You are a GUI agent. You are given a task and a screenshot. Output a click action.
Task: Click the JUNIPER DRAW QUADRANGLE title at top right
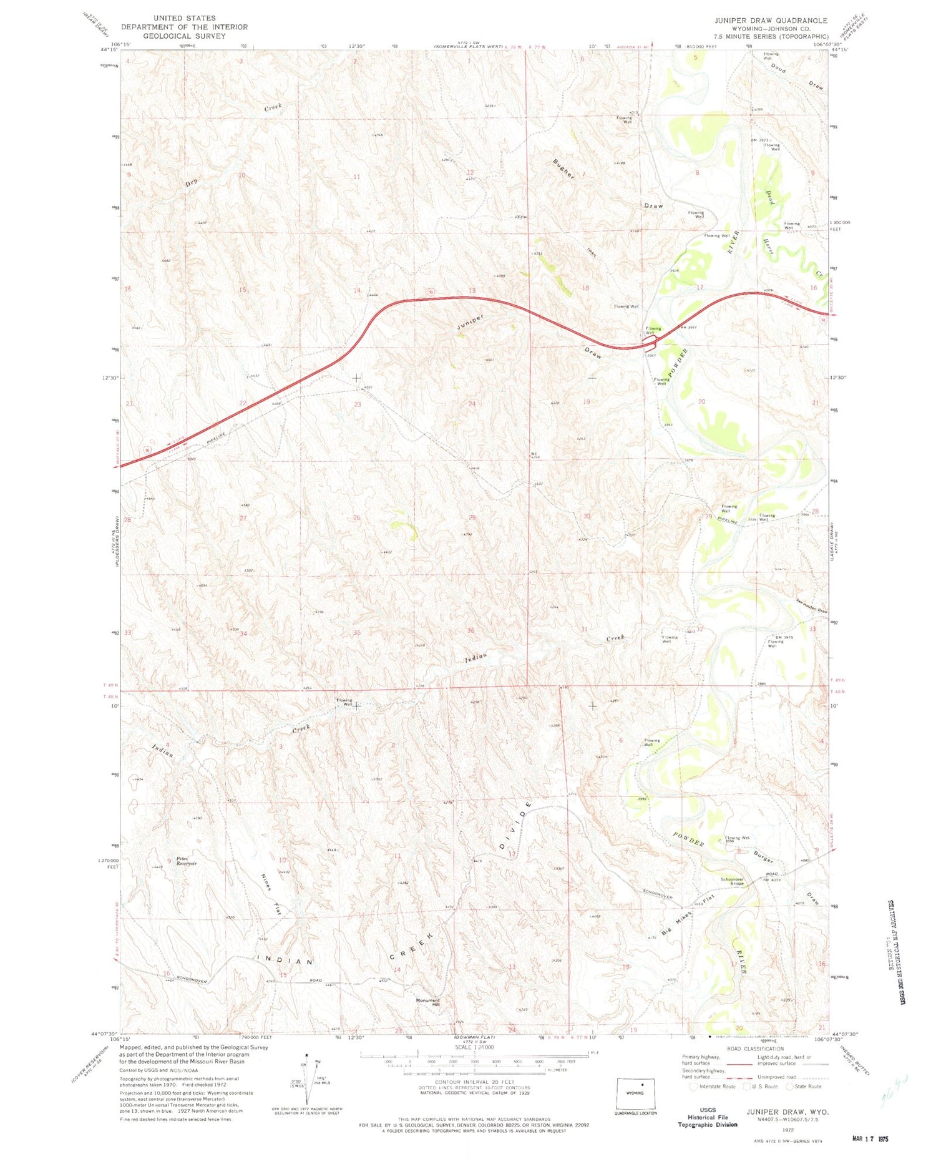(x=771, y=21)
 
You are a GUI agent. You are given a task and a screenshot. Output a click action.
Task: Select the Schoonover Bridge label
(x=734, y=881)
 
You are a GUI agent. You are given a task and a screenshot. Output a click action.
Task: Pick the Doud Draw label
(x=797, y=76)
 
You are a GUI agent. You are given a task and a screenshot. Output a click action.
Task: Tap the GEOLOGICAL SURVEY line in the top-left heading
(x=184, y=36)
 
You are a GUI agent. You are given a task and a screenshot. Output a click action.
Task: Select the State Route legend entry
(x=805, y=1087)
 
